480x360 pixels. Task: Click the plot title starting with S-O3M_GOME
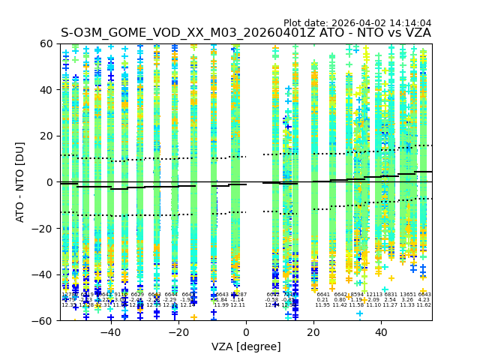tap(246, 33)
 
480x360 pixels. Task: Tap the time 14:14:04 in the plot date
tap(409, 23)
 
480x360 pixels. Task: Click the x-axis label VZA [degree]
tap(246, 346)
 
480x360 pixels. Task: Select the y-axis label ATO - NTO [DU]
tap(21, 182)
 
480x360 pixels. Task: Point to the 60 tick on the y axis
tap(47, 43)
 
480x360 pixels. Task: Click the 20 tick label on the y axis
tap(47, 136)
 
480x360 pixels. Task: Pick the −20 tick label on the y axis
tap(43, 228)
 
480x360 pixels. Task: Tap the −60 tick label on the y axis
tap(43, 320)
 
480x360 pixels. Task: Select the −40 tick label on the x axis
tap(110, 332)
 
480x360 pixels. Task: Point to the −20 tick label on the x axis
tap(178, 332)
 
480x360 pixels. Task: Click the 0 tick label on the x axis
tap(247, 332)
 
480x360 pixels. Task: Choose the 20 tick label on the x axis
tap(315, 332)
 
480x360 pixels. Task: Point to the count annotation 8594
tap(357, 295)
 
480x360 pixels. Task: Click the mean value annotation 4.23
tap(424, 300)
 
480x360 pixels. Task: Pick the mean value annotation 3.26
tap(407, 300)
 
